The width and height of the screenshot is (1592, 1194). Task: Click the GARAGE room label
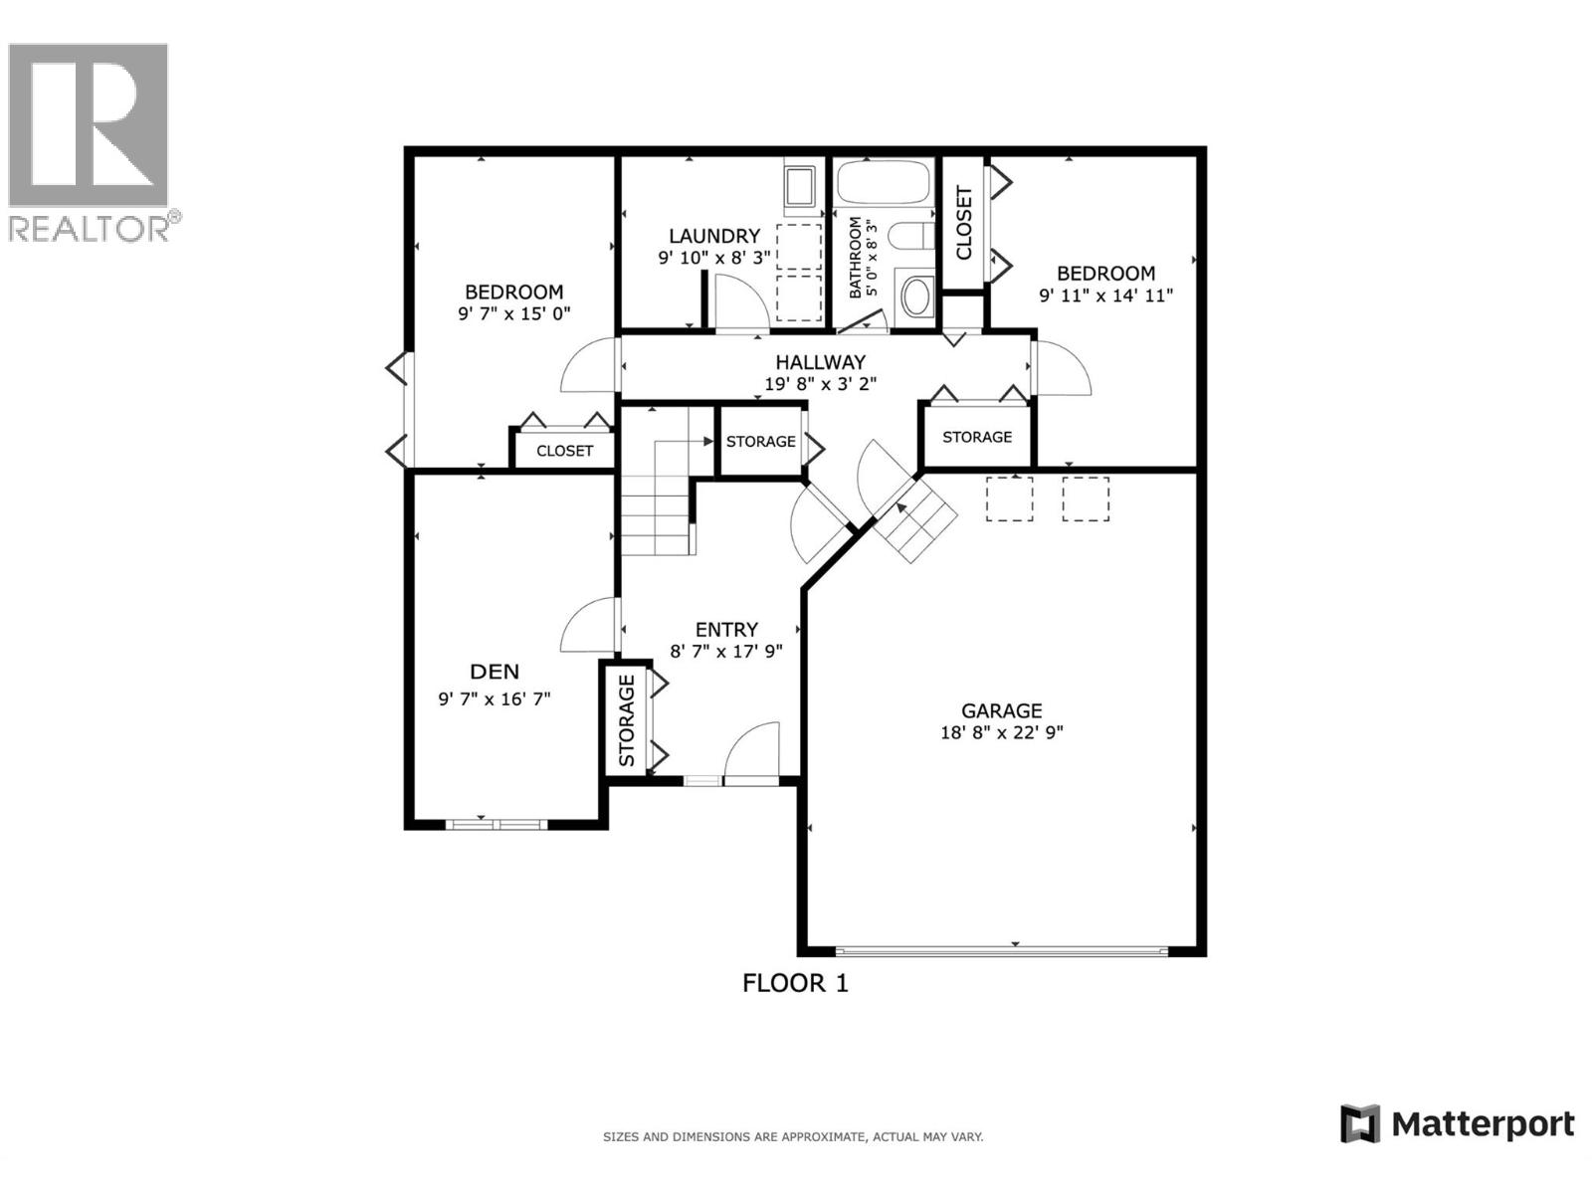pos(1002,710)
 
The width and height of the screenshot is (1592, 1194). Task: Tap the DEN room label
pos(495,672)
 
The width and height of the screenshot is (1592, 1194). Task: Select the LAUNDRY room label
pos(714,237)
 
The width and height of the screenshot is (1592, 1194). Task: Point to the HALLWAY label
pos(820,362)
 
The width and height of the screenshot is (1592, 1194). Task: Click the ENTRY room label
pos(726,629)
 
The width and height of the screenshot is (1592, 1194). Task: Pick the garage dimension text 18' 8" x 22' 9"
pos(1002,732)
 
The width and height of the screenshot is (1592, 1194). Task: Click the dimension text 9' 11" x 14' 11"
pos(1106,296)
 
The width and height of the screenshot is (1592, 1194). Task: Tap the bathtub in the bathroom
pos(883,183)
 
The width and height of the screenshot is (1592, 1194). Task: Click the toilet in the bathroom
pos(911,236)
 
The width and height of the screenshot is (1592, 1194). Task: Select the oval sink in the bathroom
pos(916,298)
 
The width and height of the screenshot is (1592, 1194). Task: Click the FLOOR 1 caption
pos(795,983)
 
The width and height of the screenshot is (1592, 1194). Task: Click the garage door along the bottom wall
pos(1002,949)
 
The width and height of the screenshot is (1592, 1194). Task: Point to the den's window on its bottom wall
pos(497,824)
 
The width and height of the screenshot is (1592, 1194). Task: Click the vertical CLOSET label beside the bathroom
pos(964,223)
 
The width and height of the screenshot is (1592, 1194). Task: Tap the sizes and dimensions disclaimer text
pos(793,1137)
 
